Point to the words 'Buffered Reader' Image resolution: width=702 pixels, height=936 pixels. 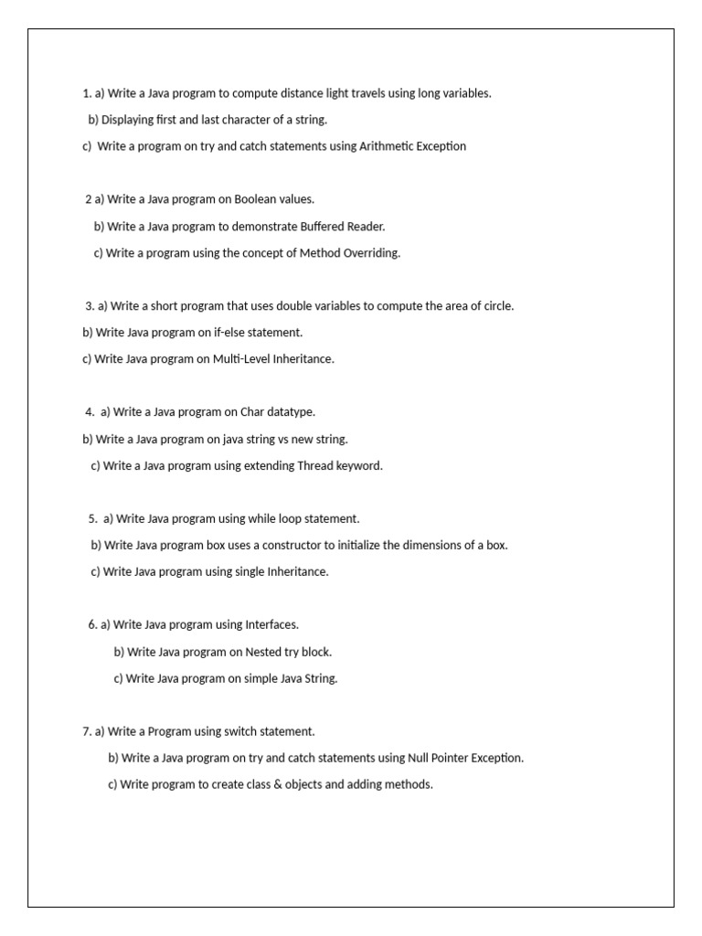(343, 227)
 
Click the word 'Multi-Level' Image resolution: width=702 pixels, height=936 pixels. (239, 359)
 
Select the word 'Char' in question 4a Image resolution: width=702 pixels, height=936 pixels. (251, 412)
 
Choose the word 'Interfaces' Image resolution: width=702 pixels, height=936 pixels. (271, 625)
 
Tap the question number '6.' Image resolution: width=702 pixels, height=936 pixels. (93, 625)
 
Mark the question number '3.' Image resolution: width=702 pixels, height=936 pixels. (90, 306)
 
